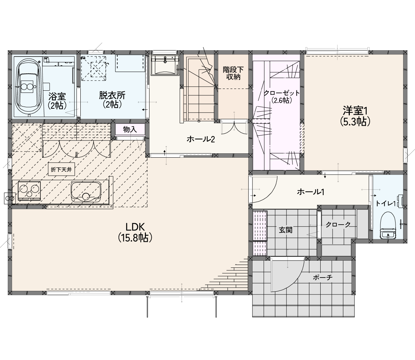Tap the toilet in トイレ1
pyautogui.click(x=388, y=225)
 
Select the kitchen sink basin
pyautogui.click(x=86, y=192)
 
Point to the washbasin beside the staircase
pyautogui.click(x=165, y=65)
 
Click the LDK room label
pyautogui.click(x=135, y=232)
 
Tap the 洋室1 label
pyautogui.click(x=355, y=116)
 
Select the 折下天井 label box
pyautogui.click(x=61, y=170)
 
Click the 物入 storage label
pyautogui.click(x=130, y=129)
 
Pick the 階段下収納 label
pyautogui.click(x=233, y=73)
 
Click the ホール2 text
pyautogui.click(x=201, y=139)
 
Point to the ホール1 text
pyautogui.click(x=311, y=192)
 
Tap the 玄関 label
pyautogui.click(x=286, y=230)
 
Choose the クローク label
pyautogui.click(x=338, y=225)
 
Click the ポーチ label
pyautogui.click(x=322, y=277)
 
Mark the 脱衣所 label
pyautogui.click(x=112, y=99)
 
